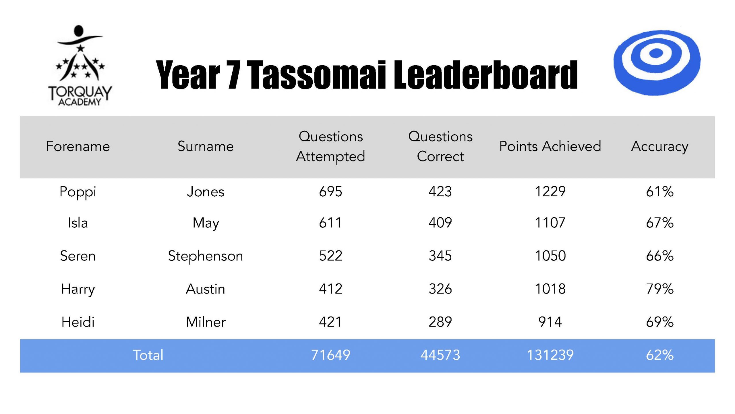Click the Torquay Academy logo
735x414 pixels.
80,66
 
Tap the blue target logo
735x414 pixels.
657,63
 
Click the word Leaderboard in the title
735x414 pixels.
485,75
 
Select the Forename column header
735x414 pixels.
78,146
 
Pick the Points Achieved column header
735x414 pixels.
550,146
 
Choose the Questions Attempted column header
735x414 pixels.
330,146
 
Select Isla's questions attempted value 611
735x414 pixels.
330,223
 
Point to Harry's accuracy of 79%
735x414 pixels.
660,289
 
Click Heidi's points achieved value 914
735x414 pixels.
550,322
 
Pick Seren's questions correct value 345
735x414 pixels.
440,256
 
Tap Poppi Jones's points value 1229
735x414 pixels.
550,192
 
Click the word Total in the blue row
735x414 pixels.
148,355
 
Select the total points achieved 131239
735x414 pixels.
550,355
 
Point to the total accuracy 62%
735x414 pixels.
660,355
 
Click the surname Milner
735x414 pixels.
206,322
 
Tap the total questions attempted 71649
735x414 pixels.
330,355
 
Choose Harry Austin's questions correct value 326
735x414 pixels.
440,289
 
